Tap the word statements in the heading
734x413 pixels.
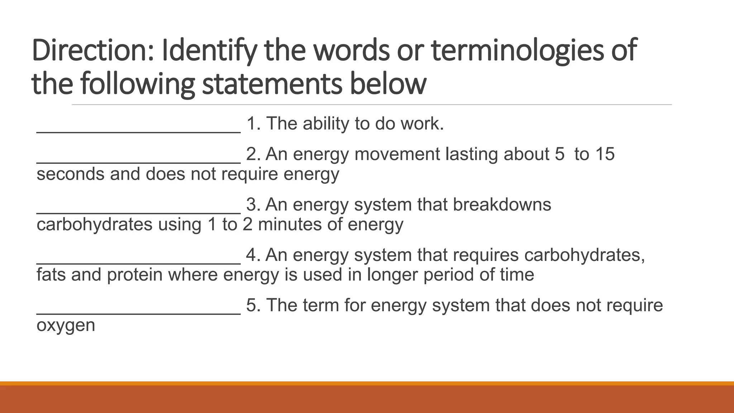272,84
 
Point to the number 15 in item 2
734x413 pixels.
605,154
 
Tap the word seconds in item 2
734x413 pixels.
70,174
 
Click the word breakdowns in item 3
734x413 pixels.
502,205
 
